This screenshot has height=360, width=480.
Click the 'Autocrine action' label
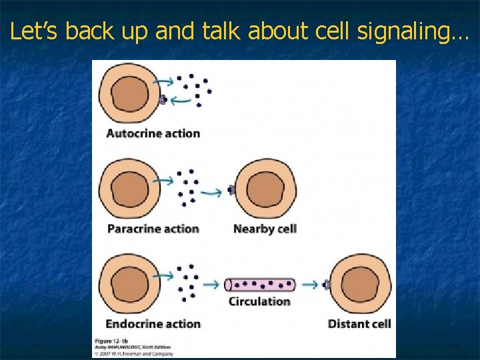click(x=153, y=133)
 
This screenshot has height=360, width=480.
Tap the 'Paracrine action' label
click(x=153, y=229)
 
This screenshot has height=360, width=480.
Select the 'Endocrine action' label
click(x=153, y=324)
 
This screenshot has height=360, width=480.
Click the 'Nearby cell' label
click(x=265, y=229)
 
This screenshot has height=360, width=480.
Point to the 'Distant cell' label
click(x=359, y=324)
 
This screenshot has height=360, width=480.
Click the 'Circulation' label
click(x=259, y=301)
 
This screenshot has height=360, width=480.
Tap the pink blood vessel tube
click(x=260, y=285)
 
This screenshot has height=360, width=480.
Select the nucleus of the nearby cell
click(x=264, y=190)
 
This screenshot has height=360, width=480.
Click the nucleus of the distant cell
click(x=361, y=285)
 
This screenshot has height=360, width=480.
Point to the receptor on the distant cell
click(x=327, y=285)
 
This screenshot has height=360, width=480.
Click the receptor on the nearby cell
click(x=231, y=191)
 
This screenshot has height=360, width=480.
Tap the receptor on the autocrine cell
click(x=163, y=100)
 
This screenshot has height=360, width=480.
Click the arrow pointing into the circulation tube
click(x=211, y=285)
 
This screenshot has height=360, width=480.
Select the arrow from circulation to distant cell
click(x=309, y=285)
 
